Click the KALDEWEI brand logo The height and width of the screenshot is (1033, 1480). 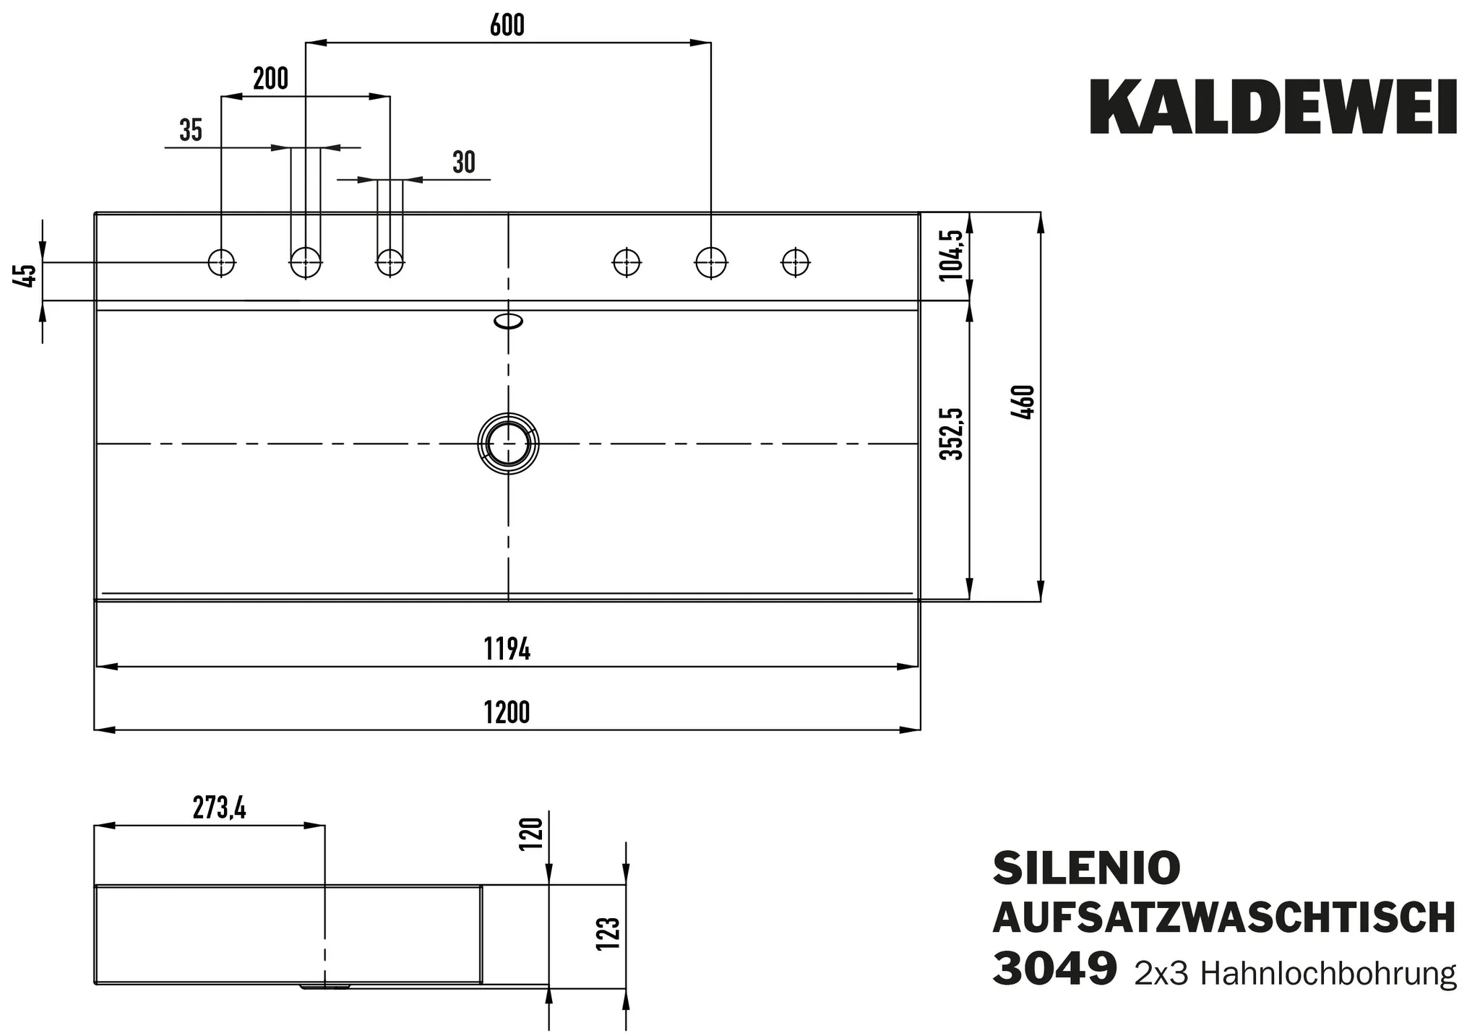tap(1273, 108)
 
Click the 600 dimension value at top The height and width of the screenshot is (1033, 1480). tap(507, 26)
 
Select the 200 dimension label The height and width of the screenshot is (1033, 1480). tap(270, 79)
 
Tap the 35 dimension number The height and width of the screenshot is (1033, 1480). tap(191, 131)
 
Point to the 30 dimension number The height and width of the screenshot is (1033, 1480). tap(463, 163)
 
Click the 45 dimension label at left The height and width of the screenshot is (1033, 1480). tap(27, 276)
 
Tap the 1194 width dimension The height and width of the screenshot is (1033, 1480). tap(507, 650)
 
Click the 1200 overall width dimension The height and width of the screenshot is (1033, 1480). tap(507, 713)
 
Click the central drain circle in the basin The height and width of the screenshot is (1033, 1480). tap(508, 444)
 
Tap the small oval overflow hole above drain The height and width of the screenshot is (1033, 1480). tap(508, 321)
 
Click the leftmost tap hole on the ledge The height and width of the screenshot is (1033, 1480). tap(221, 262)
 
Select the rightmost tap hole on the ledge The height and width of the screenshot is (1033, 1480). tap(796, 262)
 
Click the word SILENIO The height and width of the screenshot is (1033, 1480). tap(1086, 868)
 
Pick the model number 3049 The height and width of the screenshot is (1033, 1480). tap(1054, 969)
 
